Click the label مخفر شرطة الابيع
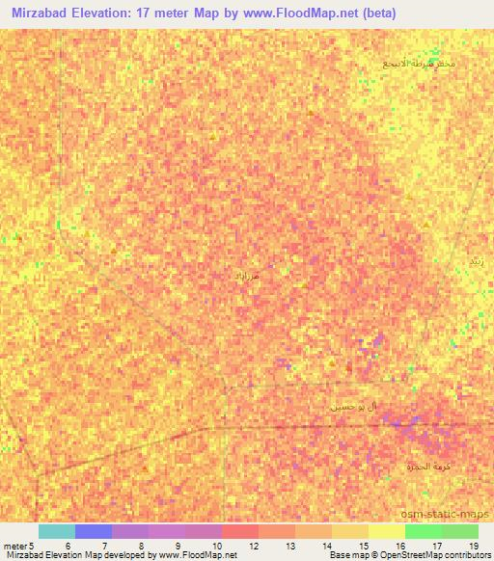[x=420, y=64]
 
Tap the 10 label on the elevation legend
[x=215, y=546]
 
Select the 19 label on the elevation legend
[x=473, y=546]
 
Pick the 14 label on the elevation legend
[x=327, y=546]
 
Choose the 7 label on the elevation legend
[x=103, y=546]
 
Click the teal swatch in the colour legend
[x=56, y=531]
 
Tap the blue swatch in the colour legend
[x=94, y=531]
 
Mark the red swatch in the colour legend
[x=240, y=531]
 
